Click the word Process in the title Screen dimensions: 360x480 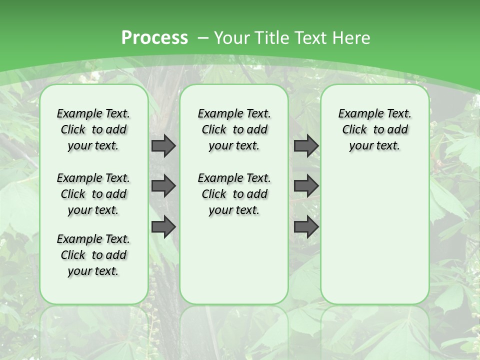coord(154,37)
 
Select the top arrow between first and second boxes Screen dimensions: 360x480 coord(163,146)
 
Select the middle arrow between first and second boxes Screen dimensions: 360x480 coord(163,186)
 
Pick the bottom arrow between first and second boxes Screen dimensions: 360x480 coord(163,227)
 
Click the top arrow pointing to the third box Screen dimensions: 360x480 coord(306,146)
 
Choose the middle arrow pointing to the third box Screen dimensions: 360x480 coord(306,186)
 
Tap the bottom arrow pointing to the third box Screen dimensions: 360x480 coord(306,227)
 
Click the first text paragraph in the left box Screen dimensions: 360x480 coord(93,129)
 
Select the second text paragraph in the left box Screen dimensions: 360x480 coord(93,194)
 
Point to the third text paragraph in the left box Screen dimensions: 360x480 coord(93,255)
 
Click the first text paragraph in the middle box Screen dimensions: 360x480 coord(234,129)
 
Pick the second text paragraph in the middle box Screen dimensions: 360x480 coord(234,194)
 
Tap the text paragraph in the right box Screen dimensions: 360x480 coord(374,129)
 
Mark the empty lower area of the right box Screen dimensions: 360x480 coord(374,235)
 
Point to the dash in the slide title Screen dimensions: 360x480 coord(203,37)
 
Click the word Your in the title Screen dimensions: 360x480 coord(233,37)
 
